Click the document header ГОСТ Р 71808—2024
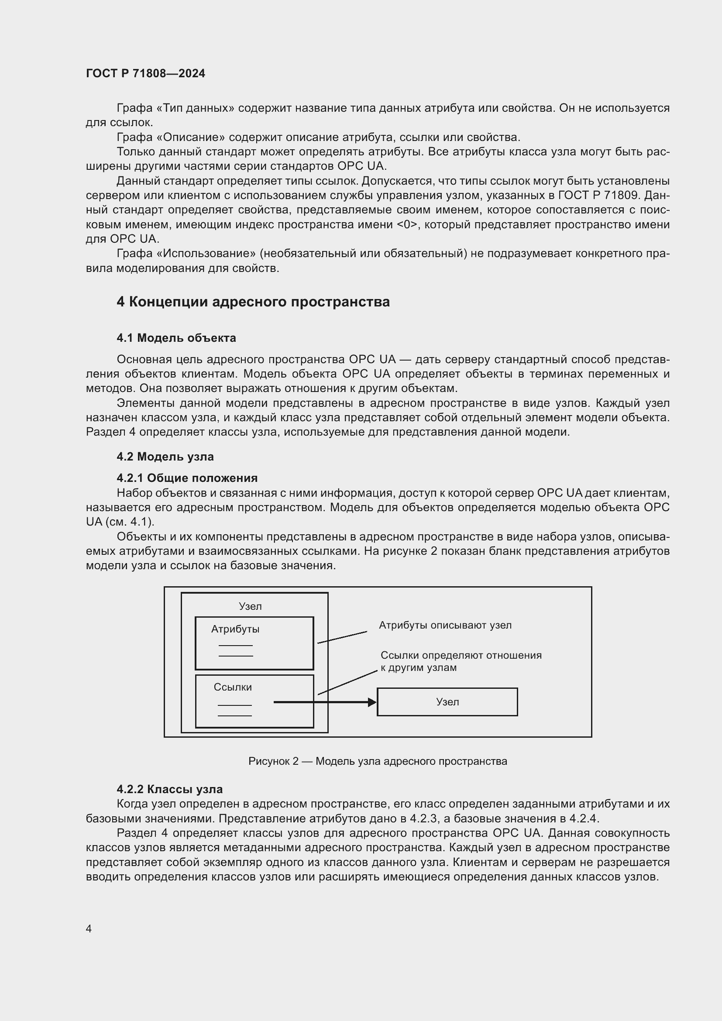pos(145,73)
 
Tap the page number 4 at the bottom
pos(89,928)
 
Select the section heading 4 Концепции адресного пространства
pos(253,302)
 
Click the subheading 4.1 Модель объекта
pos(176,338)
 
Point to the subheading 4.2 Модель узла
pos(165,457)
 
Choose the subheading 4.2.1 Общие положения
pos(187,478)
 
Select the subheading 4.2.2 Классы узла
pos(169,789)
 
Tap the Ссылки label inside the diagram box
pos(233,687)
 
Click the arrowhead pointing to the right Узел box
pos(372,702)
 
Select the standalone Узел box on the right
pos(447,702)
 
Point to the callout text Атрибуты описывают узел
pos(445,625)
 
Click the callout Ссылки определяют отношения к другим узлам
pos(461,661)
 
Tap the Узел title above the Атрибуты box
pos(250,607)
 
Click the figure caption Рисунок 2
pos(378,761)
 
